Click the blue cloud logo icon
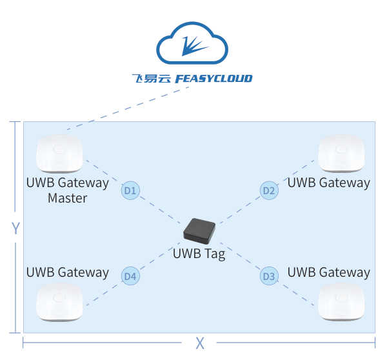click(192, 46)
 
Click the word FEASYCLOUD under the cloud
click(214, 79)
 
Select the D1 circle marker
click(130, 190)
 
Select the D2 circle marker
click(269, 190)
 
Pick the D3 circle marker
click(269, 277)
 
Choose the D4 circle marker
click(130, 277)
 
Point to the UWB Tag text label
click(199, 254)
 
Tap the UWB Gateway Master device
click(59, 154)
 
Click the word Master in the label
click(67, 198)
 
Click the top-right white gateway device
click(342, 154)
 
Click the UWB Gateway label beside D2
click(328, 183)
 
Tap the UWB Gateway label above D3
click(328, 272)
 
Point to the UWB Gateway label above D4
click(67, 272)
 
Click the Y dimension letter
click(17, 228)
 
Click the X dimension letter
click(200, 343)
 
